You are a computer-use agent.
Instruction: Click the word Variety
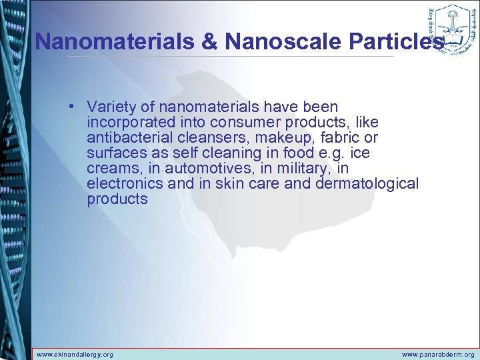click(111, 107)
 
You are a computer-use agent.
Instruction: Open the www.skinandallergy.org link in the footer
click(75, 355)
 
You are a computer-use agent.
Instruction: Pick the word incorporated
click(131, 122)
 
